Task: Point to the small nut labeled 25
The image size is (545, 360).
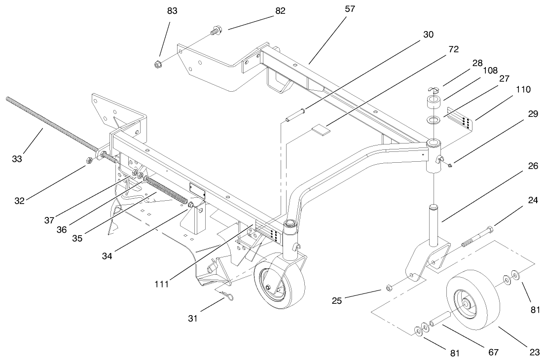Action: click(x=389, y=287)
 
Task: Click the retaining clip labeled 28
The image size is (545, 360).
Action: click(x=433, y=89)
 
